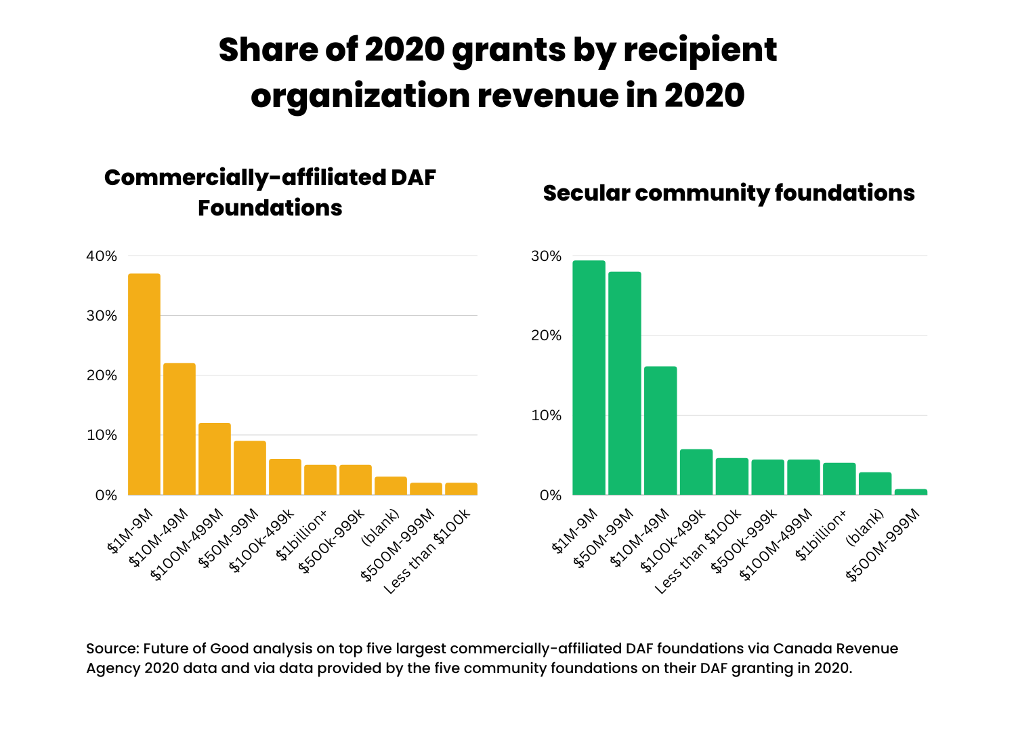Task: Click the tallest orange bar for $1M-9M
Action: tap(144, 384)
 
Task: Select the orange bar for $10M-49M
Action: tap(179, 428)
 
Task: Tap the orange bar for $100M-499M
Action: tap(215, 459)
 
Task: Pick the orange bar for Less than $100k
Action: tap(461, 489)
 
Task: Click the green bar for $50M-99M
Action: tap(625, 383)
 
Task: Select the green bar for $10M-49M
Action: tap(660, 430)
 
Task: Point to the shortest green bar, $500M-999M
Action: tap(911, 492)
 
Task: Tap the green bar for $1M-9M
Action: tap(589, 378)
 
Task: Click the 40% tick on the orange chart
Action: tap(102, 256)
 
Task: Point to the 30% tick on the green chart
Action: tap(546, 256)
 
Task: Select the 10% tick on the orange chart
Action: tap(102, 435)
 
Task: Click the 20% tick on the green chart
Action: tap(546, 335)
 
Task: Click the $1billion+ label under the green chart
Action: tap(821, 536)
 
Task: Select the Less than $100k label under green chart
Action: tap(699, 552)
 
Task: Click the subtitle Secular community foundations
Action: tap(729, 193)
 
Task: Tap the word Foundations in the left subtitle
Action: tap(270, 208)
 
